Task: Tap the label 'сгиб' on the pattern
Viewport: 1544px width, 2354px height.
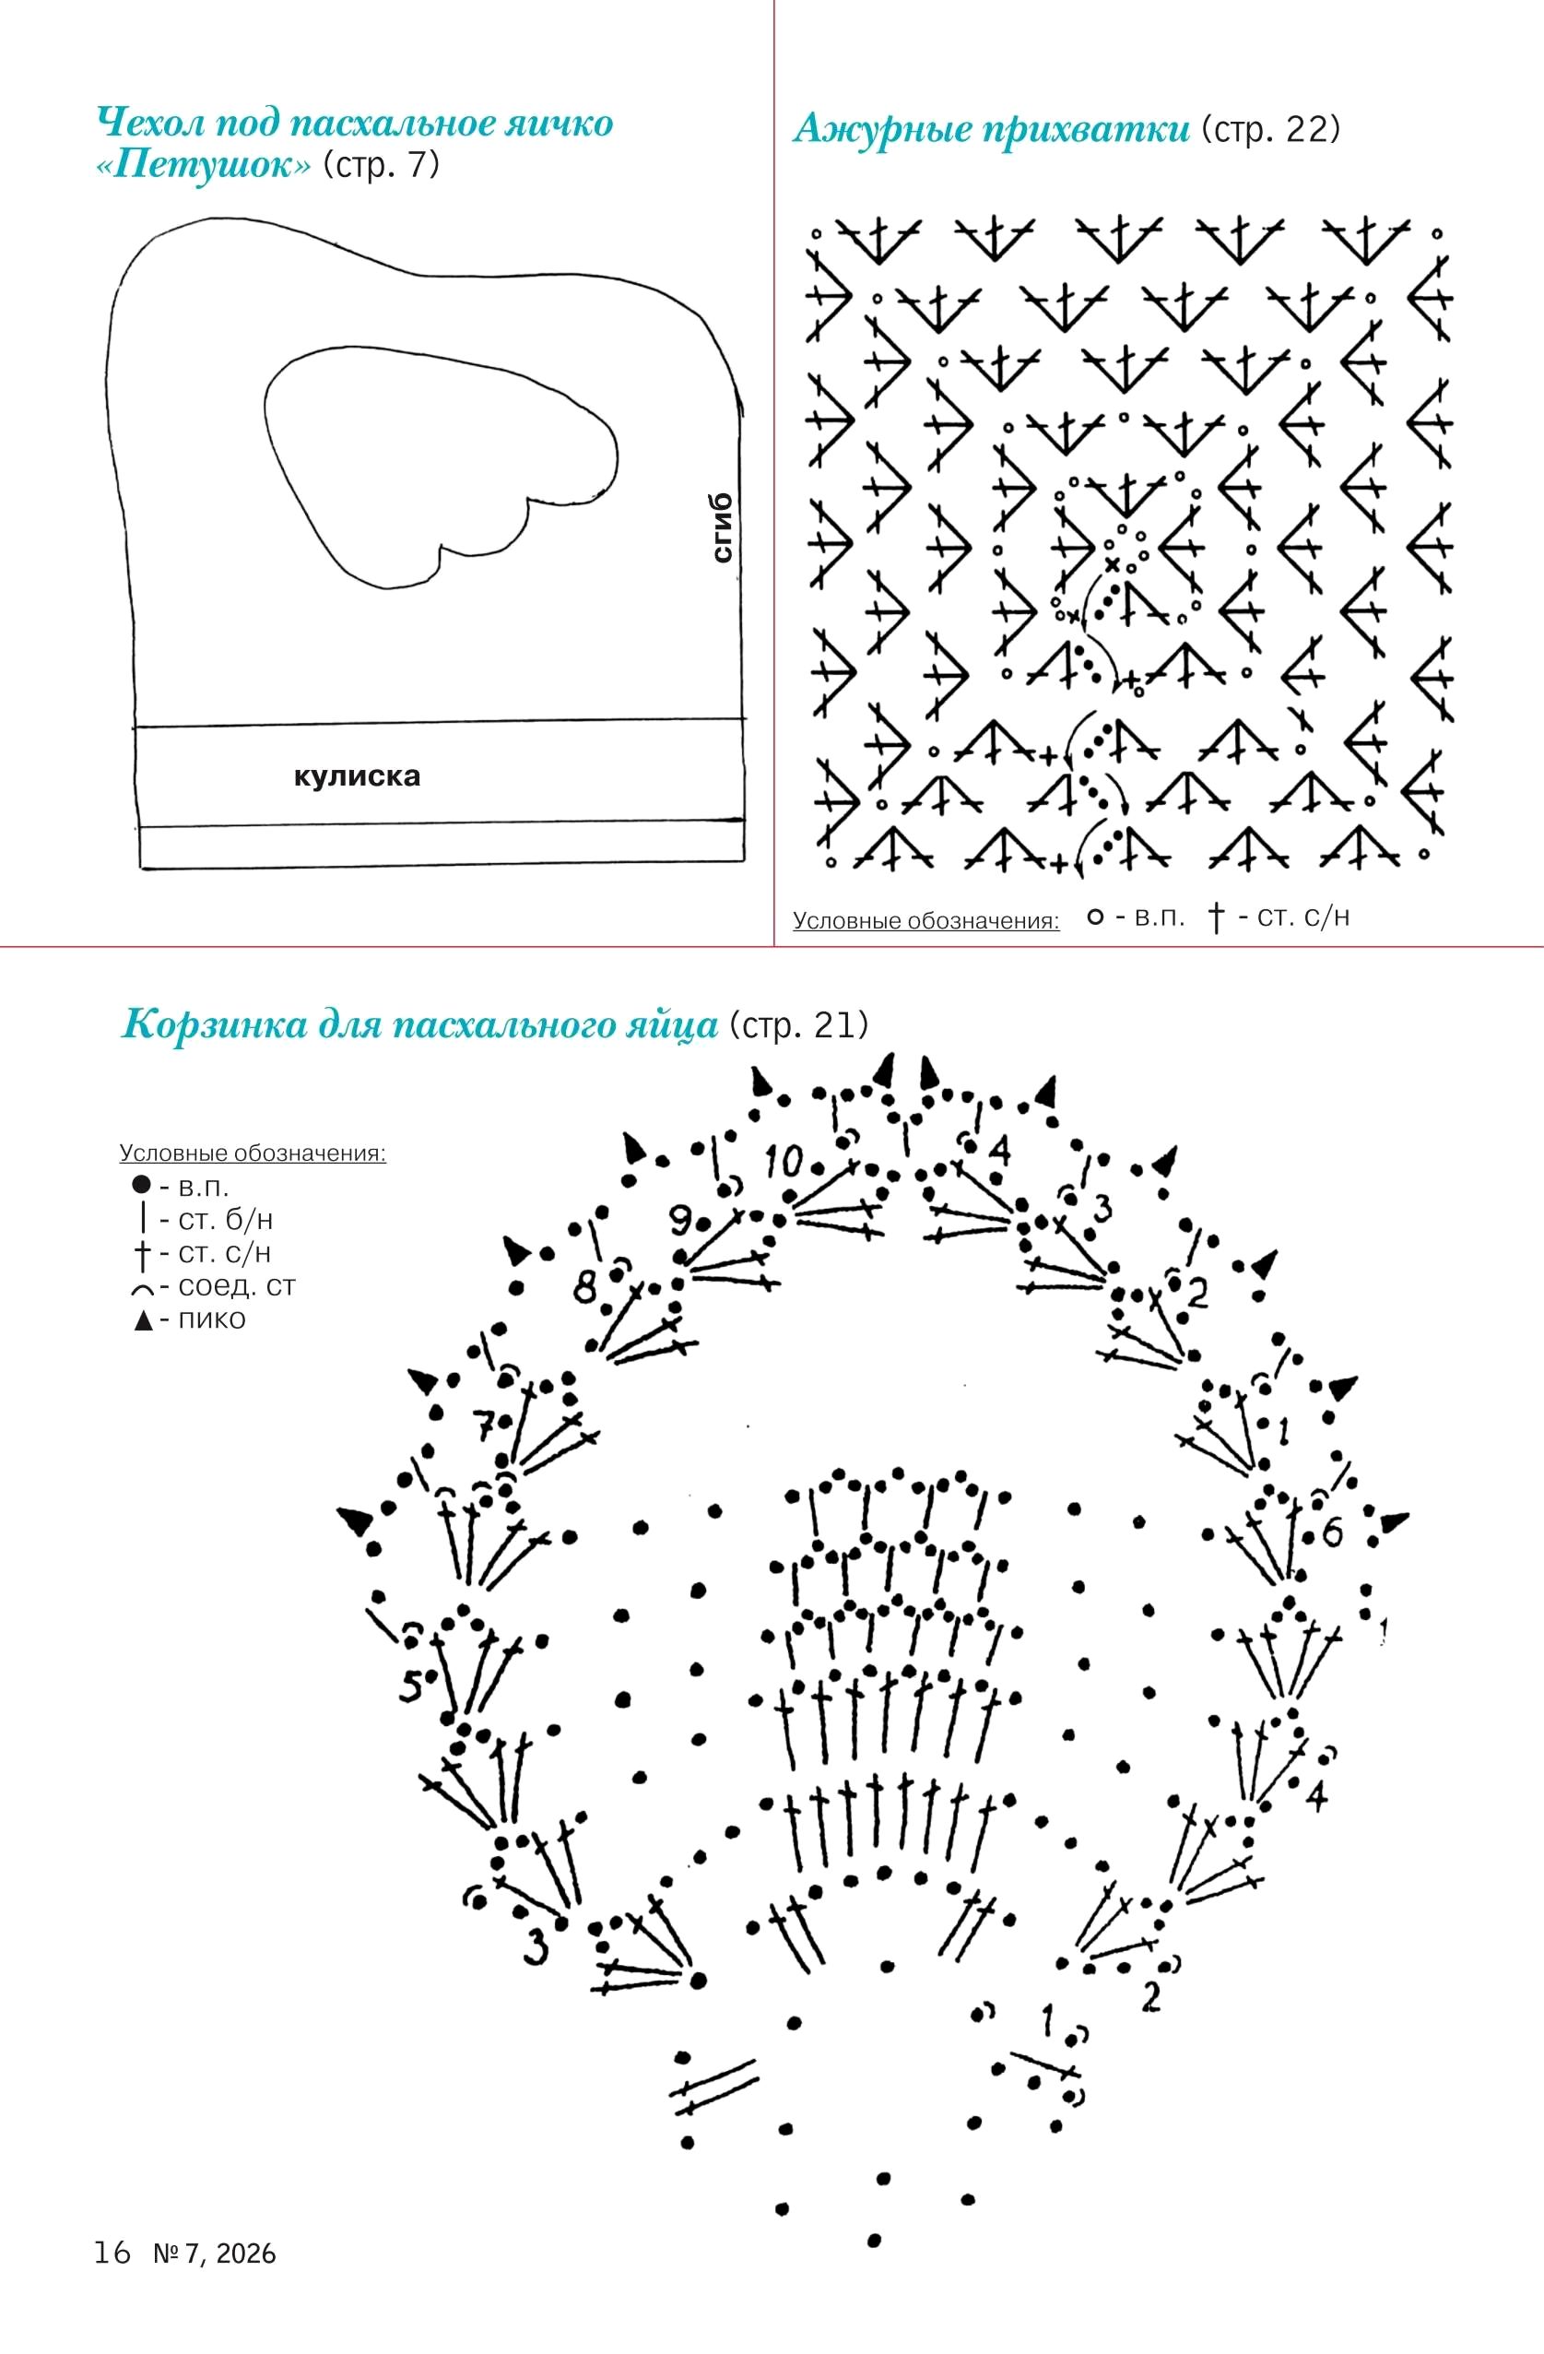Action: (723, 528)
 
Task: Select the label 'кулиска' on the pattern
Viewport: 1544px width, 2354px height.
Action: (357, 775)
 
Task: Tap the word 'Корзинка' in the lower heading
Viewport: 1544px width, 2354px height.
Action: (213, 1024)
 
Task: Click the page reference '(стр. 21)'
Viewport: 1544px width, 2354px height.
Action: (798, 1025)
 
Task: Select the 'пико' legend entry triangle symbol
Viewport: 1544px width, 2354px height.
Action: (144, 1320)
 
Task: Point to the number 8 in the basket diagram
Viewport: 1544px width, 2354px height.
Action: (586, 1288)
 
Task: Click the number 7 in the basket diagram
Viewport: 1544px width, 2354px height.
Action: (485, 1426)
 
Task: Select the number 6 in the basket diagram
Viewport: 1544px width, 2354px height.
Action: (1332, 1533)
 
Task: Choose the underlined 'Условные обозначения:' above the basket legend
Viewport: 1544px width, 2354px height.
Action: (253, 1153)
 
